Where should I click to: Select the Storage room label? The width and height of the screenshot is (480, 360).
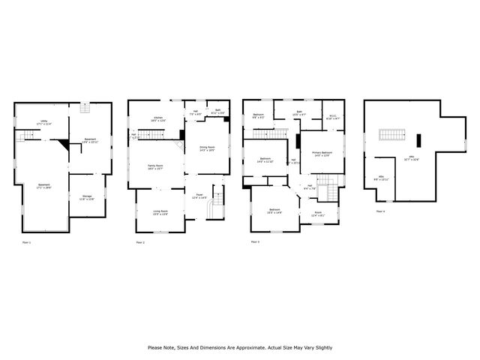pos(88,198)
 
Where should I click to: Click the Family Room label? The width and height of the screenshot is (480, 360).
pos(156,166)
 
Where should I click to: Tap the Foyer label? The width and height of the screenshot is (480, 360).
pos(199,196)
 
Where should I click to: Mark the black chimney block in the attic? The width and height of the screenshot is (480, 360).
pos(420,139)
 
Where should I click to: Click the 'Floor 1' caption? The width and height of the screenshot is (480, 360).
pos(27,243)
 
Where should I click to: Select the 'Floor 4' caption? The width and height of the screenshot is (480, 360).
pos(379,212)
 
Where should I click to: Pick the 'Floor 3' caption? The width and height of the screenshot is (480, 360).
pos(255,242)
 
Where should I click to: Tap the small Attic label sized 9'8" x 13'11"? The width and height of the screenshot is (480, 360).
pos(381,178)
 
